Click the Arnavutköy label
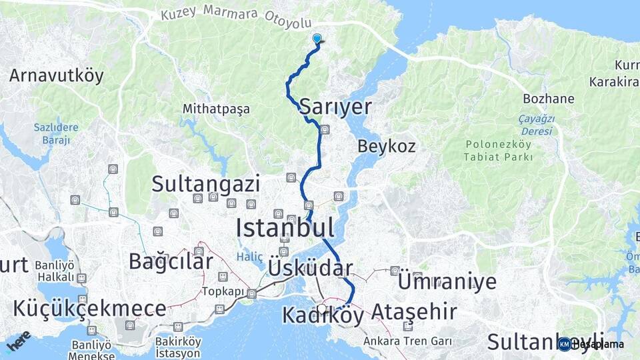(57, 75)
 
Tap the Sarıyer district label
(335, 106)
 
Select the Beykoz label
(387, 146)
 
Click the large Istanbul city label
(285, 228)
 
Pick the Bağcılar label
(175, 261)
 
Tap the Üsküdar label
(310, 268)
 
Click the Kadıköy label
(323, 315)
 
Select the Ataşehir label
(414, 311)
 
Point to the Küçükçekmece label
(89, 308)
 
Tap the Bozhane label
(549, 99)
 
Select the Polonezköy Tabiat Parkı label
(500, 151)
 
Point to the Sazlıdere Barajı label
(56, 133)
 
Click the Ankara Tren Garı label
(407, 341)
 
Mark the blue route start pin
(317, 39)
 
